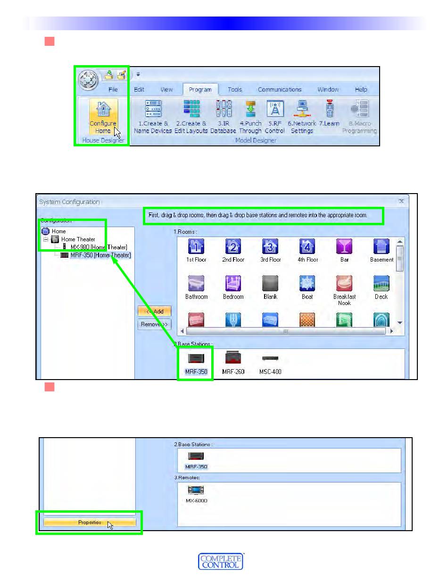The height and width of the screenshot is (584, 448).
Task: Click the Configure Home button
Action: tap(103, 117)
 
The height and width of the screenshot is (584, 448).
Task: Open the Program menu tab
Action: tap(200, 89)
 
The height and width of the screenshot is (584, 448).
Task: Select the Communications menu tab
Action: tap(279, 89)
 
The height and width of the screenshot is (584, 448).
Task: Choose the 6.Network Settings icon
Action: tap(302, 109)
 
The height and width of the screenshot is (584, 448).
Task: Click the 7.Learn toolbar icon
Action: tap(329, 109)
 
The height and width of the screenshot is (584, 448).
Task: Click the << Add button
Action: tap(154, 311)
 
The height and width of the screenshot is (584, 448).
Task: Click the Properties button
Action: tap(90, 522)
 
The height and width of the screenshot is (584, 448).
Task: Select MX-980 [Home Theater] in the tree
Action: tap(99, 247)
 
